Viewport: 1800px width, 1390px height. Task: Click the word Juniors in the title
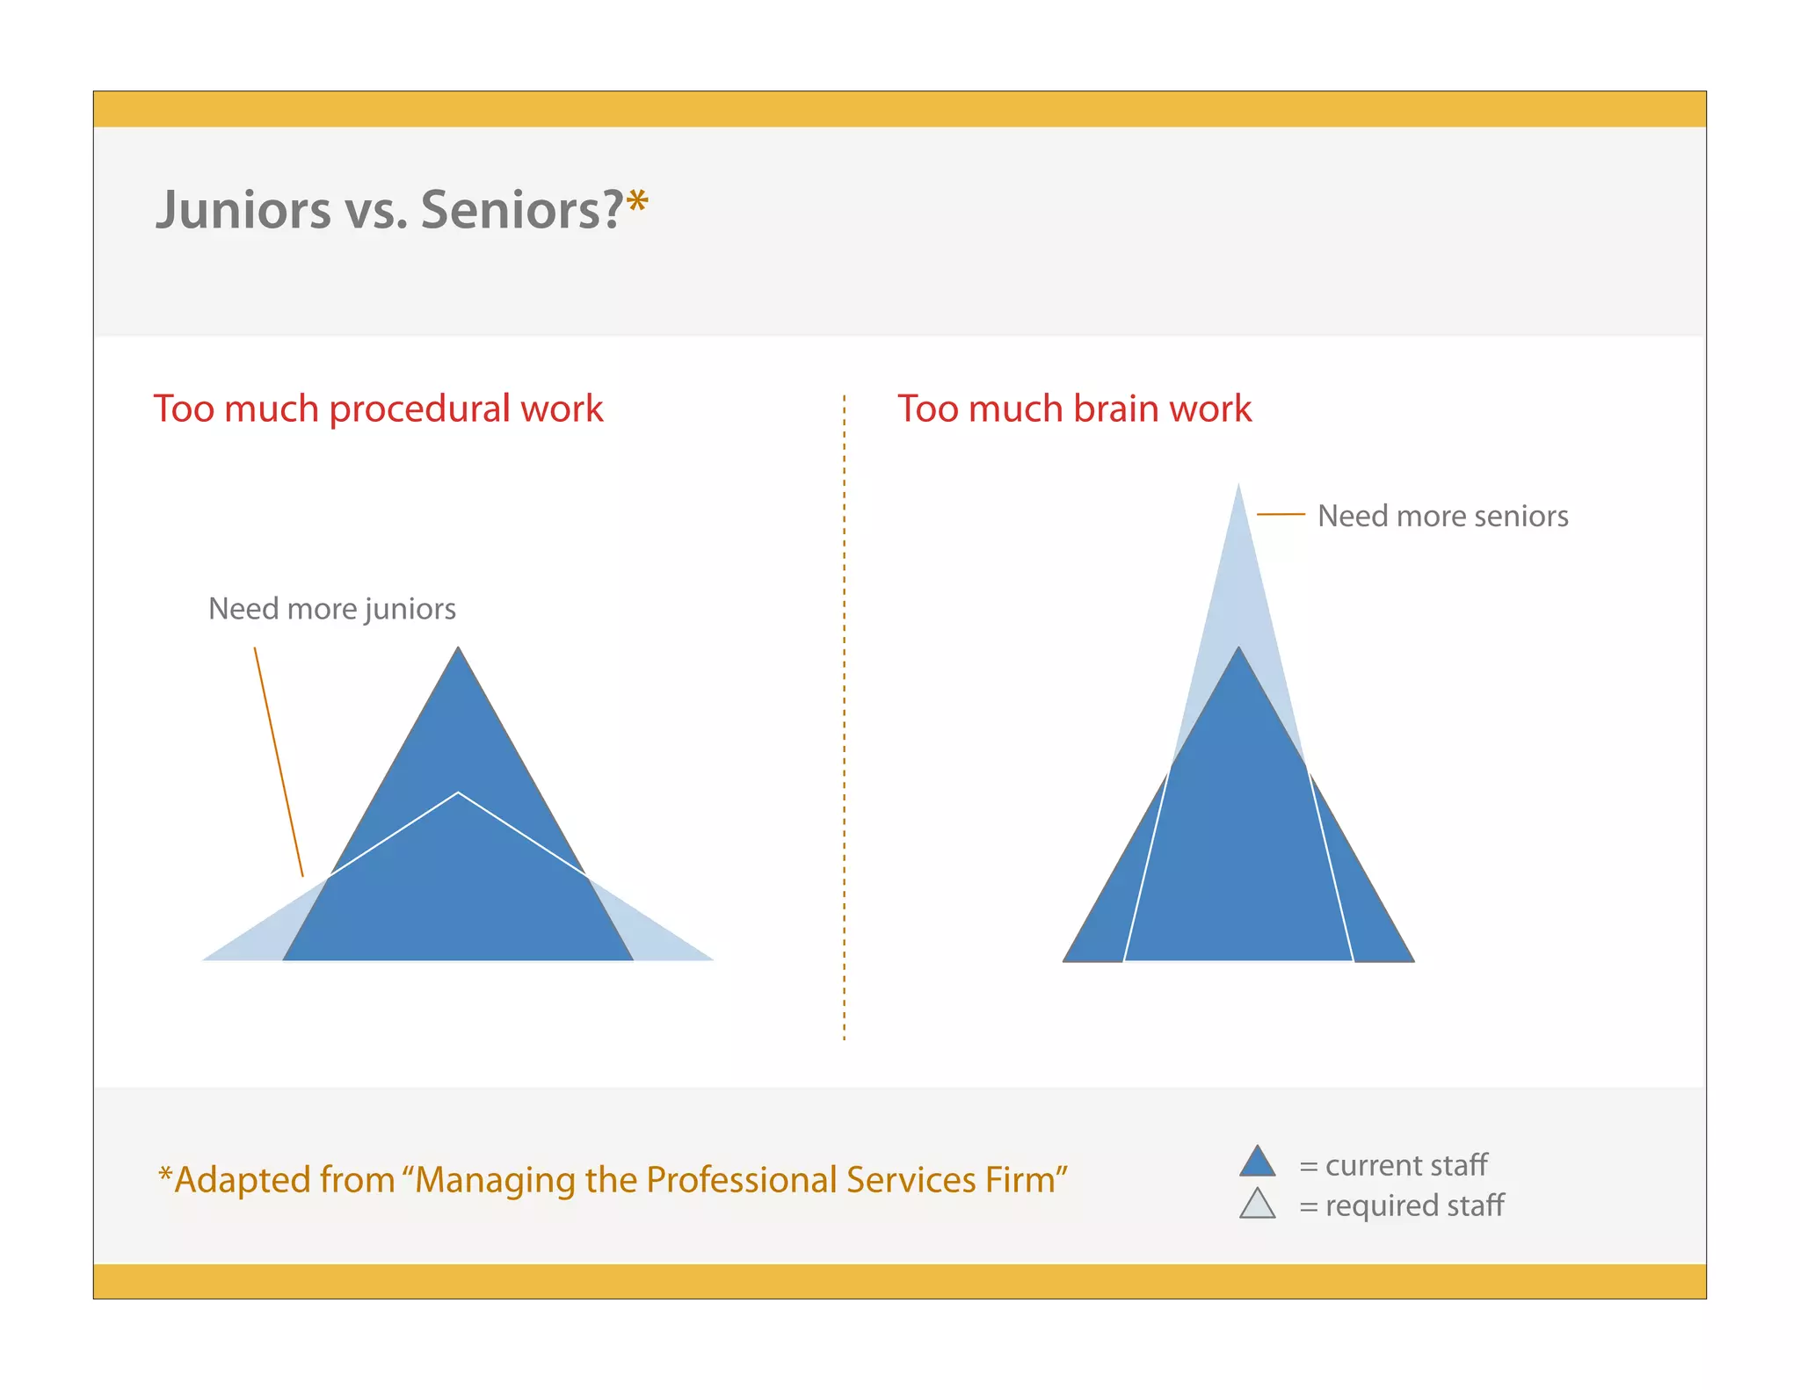pyautogui.click(x=243, y=211)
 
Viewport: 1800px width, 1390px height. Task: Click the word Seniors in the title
pyautogui.click(x=521, y=211)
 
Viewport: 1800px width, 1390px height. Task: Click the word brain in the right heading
pyautogui.click(x=1114, y=409)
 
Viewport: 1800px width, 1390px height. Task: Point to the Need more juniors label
pyautogui.click(x=332, y=609)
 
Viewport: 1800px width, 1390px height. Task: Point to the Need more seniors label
pyautogui.click(x=1442, y=516)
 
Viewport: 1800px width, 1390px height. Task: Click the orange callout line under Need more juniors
pyautogui.click(x=279, y=761)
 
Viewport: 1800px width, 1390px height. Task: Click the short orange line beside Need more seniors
pyautogui.click(x=1281, y=514)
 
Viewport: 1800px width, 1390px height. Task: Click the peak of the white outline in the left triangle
pyautogui.click(x=458, y=793)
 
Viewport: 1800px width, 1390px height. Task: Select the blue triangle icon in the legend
pyautogui.click(x=1257, y=1163)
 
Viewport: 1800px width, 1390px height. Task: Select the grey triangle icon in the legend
pyautogui.click(x=1257, y=1205)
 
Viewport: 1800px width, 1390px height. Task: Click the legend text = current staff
pyautogui.click(x=1393, y=1165)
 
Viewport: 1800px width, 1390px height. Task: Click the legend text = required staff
pyautogui.click(x=1401, y=1205)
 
